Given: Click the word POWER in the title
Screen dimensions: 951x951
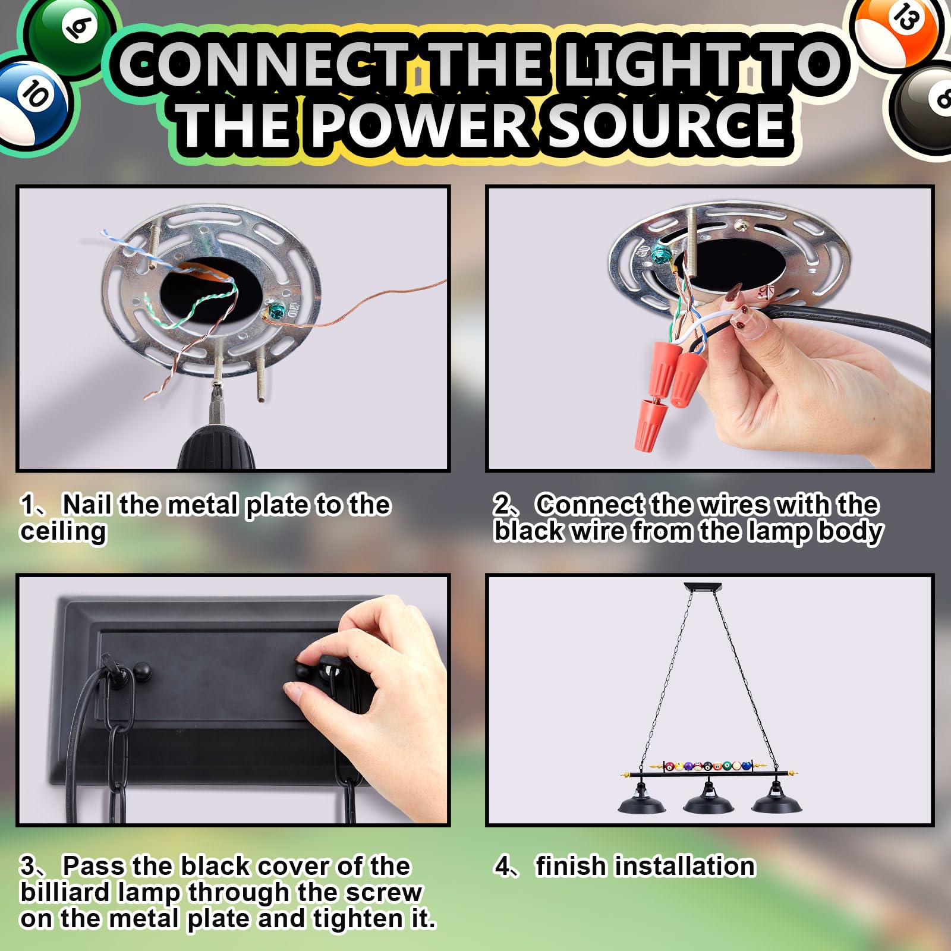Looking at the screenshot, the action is pos(420,124).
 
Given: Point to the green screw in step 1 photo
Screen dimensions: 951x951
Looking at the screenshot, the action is pos(276,310).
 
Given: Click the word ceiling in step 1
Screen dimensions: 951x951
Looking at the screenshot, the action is pos(63,531).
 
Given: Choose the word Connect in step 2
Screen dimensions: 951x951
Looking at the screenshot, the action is pos(588,505).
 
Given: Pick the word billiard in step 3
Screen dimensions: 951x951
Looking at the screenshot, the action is pos(100,892).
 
